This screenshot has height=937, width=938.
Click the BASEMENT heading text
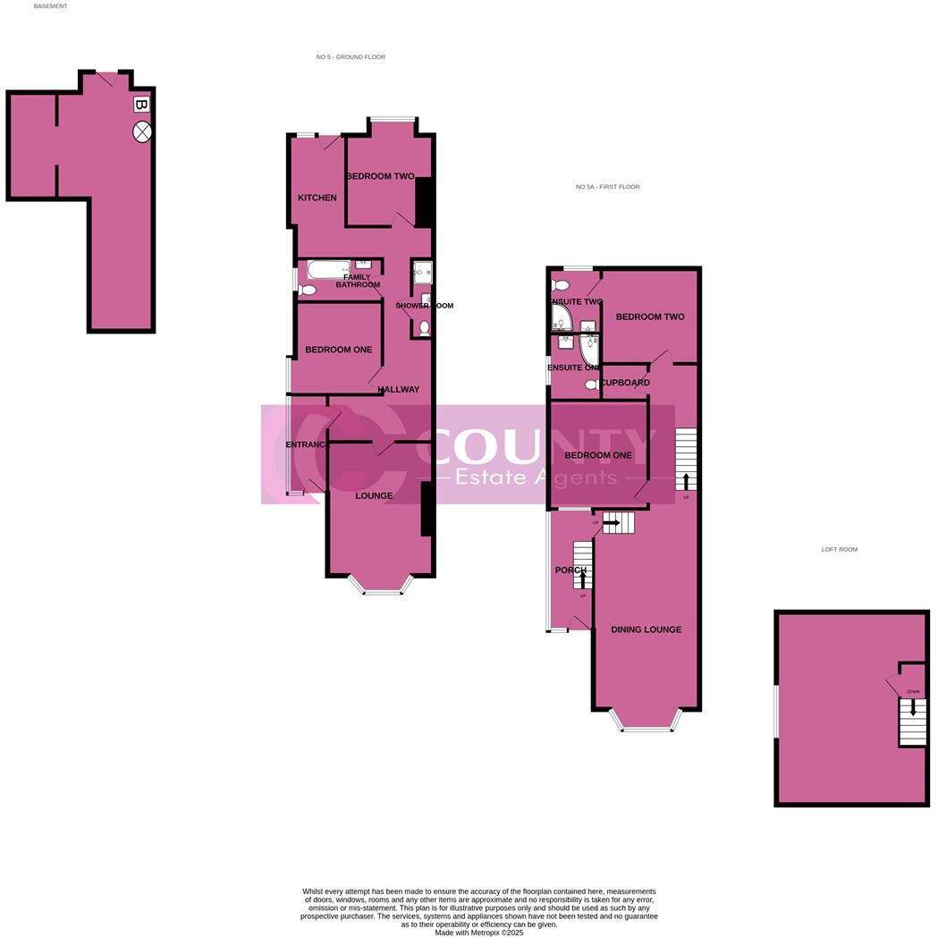[50, 6]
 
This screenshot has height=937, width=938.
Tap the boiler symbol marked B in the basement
[140, 105]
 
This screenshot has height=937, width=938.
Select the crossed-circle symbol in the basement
[142, 132]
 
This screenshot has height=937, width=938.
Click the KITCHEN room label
[317, 198]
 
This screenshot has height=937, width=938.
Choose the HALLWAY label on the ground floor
[398, 390]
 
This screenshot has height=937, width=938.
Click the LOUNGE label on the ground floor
[374, 496]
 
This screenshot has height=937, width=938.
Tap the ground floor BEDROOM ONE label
[338, 350]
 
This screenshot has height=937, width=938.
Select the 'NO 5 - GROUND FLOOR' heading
[351, 57]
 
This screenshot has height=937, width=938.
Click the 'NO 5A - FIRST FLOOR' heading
[607, 187]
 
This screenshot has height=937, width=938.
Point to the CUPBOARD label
[625, 383]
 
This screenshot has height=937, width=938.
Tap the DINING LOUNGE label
[646, 629]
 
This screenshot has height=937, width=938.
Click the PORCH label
[570, 570]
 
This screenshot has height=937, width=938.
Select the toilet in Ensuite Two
[561, 285]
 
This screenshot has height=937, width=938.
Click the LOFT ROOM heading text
[839, 550]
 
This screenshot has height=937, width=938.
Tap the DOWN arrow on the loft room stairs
[912, 706]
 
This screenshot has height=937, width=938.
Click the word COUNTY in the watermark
[537, 445]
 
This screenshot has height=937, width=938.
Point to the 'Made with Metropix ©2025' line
[478, 933]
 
